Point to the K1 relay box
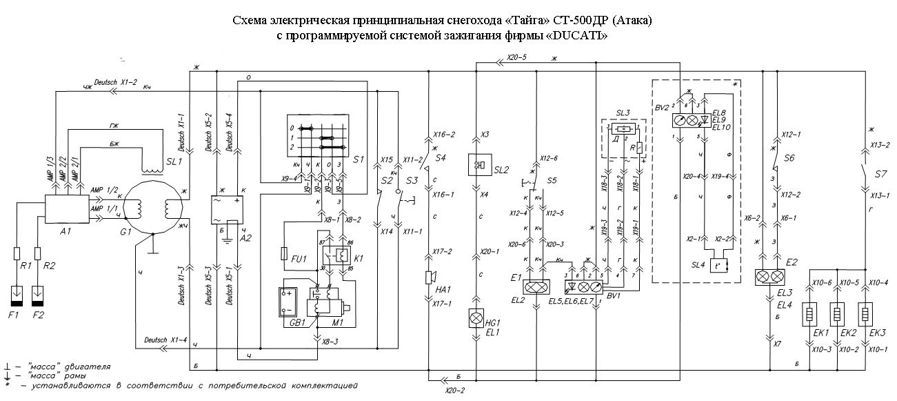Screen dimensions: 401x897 339,256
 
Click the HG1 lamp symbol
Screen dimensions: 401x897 475,318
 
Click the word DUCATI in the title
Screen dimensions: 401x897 578,35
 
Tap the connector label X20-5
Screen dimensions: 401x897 517,57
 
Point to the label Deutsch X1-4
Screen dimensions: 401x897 165,340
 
